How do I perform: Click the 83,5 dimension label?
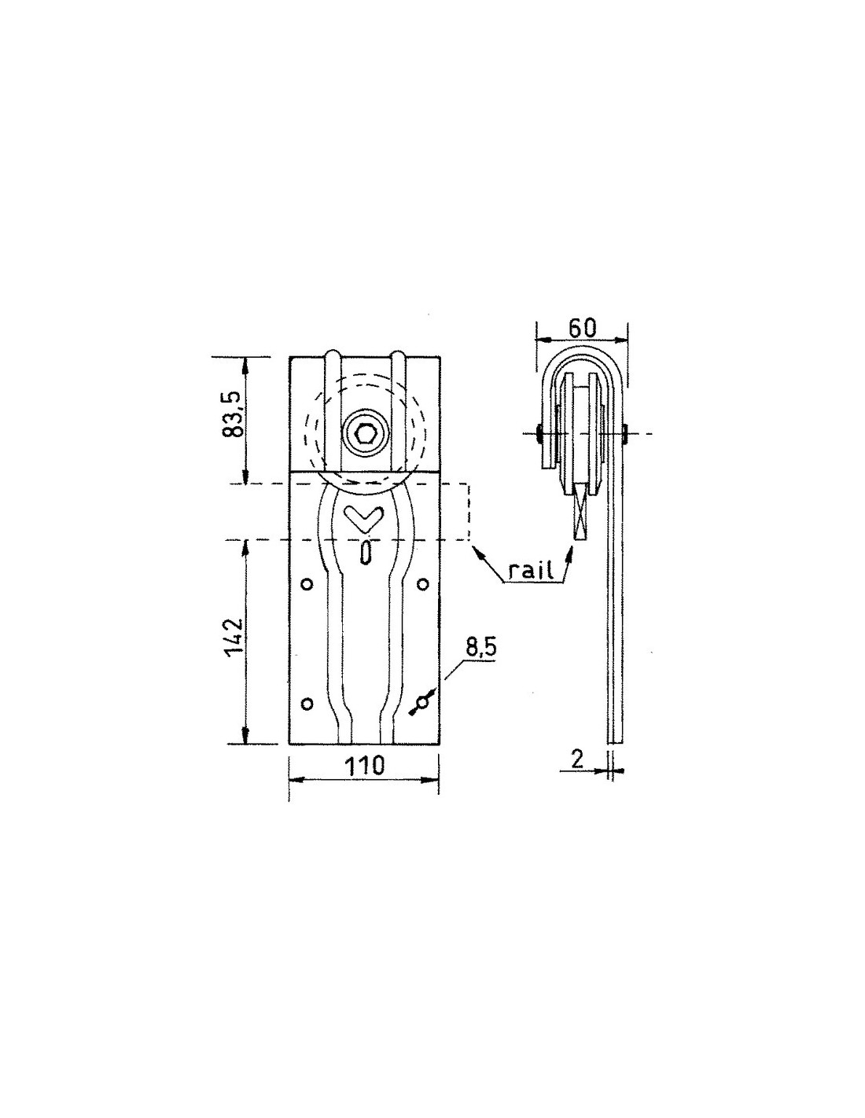click(233, 417)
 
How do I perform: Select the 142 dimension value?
click(233, 637)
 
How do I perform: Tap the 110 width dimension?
click(364, 766)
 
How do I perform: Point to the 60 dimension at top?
click(582, 329)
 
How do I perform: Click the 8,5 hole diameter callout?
click(480, 648)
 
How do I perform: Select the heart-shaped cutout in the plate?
click(363, 519)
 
